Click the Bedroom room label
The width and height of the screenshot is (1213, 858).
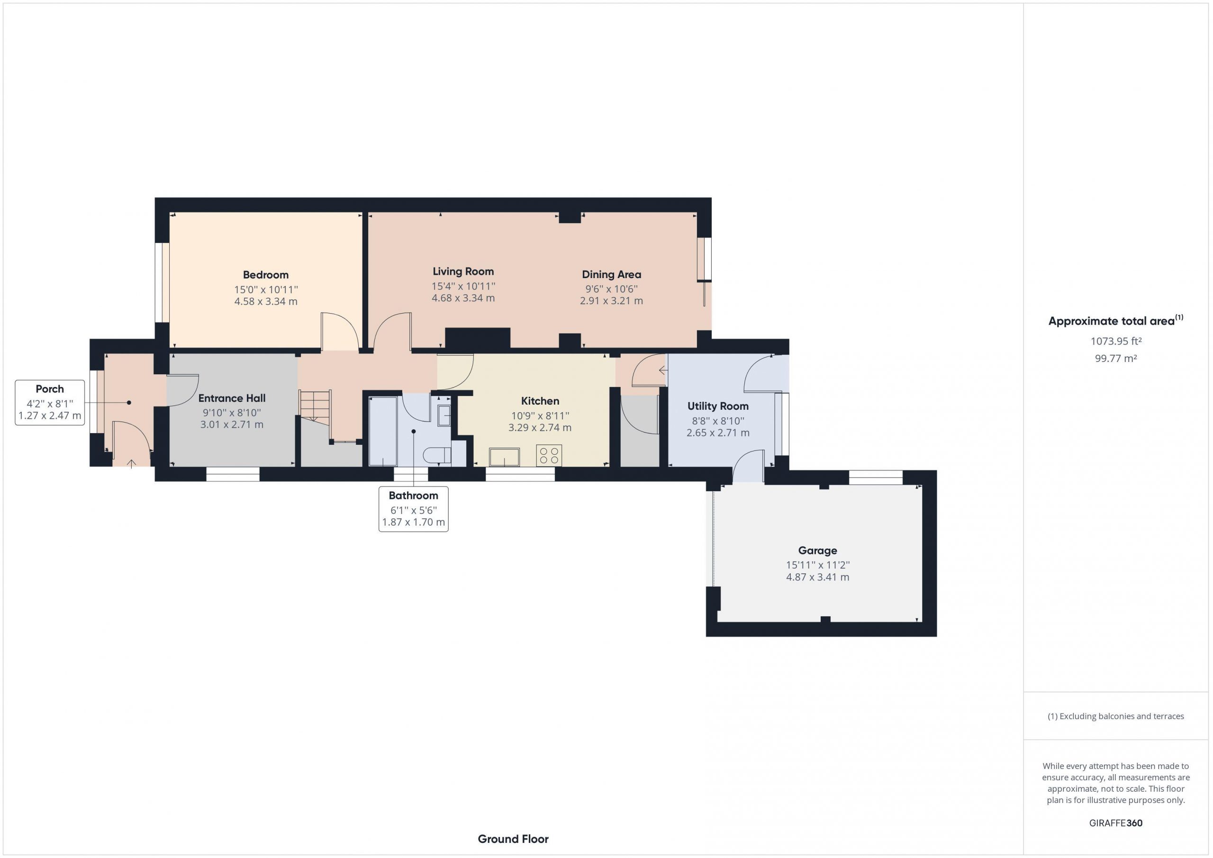click(266, 275)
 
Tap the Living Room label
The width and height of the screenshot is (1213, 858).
click(463, 271)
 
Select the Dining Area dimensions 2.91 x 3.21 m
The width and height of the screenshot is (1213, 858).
click(611, 301)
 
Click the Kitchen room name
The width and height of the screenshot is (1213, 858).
click(540, 401)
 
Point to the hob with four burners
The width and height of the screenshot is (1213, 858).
click(549, 455)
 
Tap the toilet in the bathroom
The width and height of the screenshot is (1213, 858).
click(437, 455)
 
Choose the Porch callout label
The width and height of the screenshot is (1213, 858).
click(50, 403)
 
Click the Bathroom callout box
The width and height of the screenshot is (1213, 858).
click(414, 509)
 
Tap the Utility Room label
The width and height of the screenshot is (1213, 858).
click(718, 406)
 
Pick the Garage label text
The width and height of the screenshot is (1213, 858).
click(817, 551)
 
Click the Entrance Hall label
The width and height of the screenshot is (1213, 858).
click(232, 398)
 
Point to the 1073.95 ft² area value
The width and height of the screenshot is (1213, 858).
click(1116, 341)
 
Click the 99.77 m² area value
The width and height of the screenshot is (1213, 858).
click(1116, 358)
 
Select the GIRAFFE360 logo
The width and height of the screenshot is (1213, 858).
click(1116, 822)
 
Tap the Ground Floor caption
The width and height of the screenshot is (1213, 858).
click(513, 839)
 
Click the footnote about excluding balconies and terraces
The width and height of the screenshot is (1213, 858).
click(1116, 716)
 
